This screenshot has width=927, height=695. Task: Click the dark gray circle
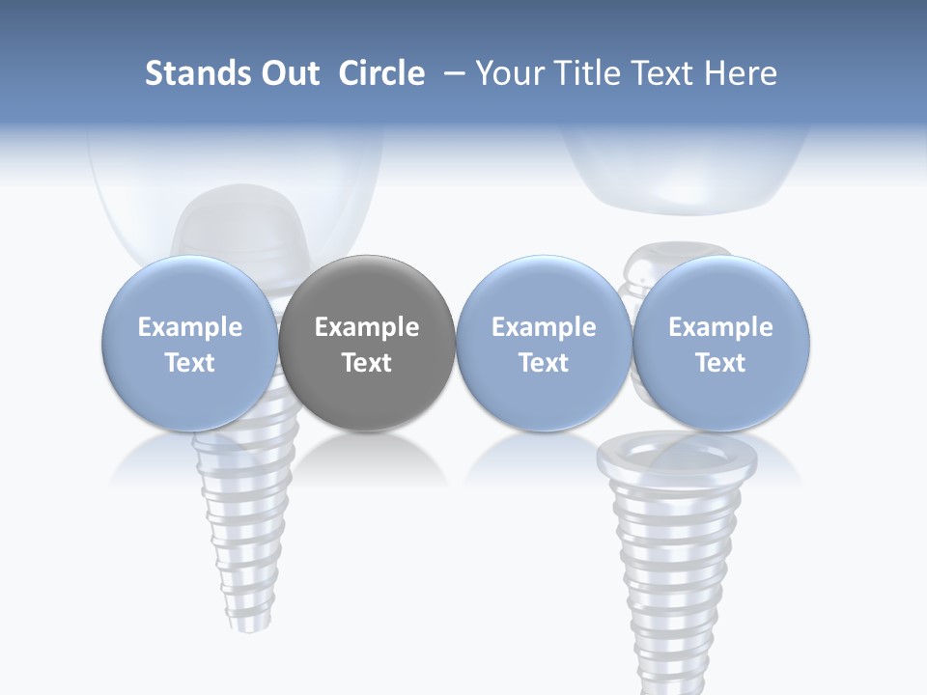coord(367,343)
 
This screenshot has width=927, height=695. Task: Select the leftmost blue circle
coord(190,343)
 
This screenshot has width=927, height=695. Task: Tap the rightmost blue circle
coord(720,343)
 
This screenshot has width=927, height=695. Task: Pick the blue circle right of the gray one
coord(544,343)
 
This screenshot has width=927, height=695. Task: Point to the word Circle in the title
coord(381,73)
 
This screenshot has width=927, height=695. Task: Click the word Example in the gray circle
coord(367,327)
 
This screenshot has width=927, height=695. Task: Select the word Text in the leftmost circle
coord(190,363)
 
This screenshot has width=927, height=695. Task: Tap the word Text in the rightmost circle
coord(720,363)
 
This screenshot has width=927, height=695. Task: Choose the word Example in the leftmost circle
coord(190,327)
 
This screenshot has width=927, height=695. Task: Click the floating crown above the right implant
coord(687,174)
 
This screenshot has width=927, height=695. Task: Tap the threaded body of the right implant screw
coord(677,560)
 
